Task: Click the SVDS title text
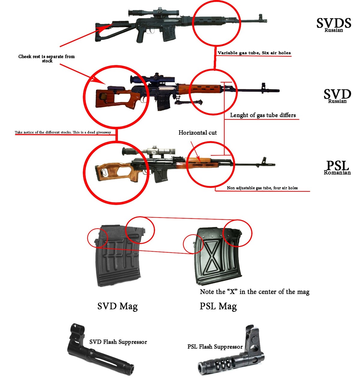334,23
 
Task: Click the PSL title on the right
337,165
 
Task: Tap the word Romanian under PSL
337,172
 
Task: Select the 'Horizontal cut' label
197,133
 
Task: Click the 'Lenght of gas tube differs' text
263,115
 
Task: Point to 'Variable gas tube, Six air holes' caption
254,53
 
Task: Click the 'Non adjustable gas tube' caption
262,188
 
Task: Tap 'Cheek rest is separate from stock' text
46,58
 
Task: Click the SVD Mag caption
118,306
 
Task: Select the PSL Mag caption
218,306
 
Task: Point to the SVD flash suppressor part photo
99,354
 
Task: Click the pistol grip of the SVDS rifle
141,36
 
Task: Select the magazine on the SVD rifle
163,102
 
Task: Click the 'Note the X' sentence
254,292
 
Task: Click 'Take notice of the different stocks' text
63,132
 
